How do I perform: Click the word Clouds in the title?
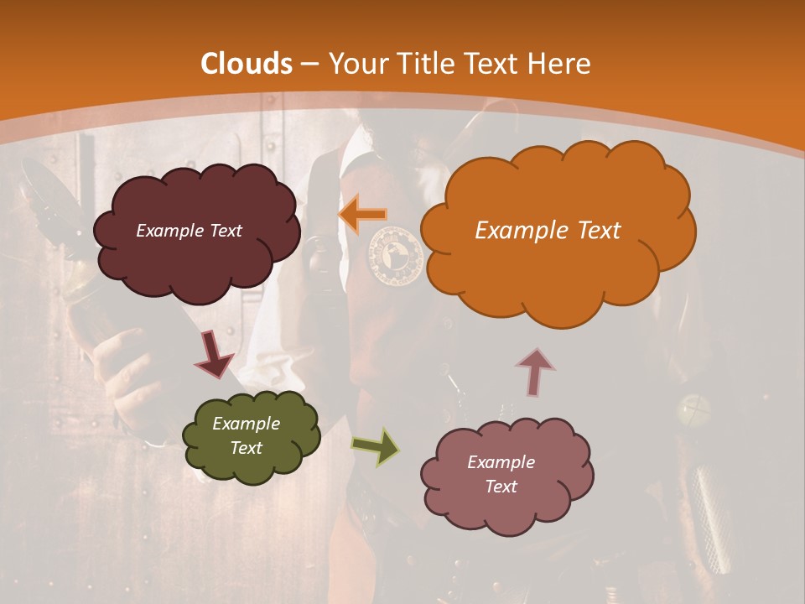point(247,64)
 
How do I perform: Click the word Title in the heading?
point(422,64)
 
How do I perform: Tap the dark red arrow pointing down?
point(214,354)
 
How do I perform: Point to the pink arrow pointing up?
point(535,372)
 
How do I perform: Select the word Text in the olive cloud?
point(246,448)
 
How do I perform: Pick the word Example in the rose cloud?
point(501,462)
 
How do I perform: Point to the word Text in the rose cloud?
point(501,487)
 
